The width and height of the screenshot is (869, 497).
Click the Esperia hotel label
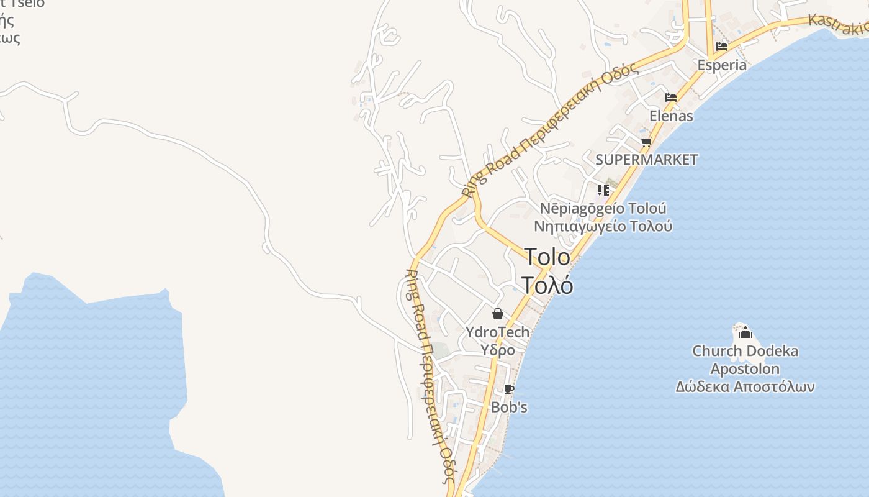tap(722, 65)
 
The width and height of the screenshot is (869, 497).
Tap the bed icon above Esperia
tap(722, 47)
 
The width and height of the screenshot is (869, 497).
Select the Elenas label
tap(671, 116)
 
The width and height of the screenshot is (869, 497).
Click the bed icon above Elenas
tap(671, 98)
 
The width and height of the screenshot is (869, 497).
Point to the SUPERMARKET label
tap(646, 160)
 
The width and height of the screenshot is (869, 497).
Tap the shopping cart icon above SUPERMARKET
tap(646, 142)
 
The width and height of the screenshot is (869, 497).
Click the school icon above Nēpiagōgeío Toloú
tap(603, 190)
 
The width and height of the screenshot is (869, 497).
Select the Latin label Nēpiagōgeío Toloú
tap(603, 208)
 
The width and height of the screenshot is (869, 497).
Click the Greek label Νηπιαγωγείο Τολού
tap(603, 226)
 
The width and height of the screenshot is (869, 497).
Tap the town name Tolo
tap(547, 257)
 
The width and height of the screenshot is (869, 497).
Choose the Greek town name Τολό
tap(547, 285)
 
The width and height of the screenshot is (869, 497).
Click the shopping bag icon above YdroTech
tap(497, 314)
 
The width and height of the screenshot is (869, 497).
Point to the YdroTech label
tap(497, 332)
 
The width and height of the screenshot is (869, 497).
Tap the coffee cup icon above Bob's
tap(509, 390)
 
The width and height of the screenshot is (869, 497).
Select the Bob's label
tap(509, 407)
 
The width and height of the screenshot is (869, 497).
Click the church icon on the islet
tap(745, 333)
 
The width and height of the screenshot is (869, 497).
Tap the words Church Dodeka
tap(745, 351)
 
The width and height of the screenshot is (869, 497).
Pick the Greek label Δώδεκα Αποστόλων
tap(745, 386)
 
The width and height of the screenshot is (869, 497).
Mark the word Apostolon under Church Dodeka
tap(745, 369)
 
